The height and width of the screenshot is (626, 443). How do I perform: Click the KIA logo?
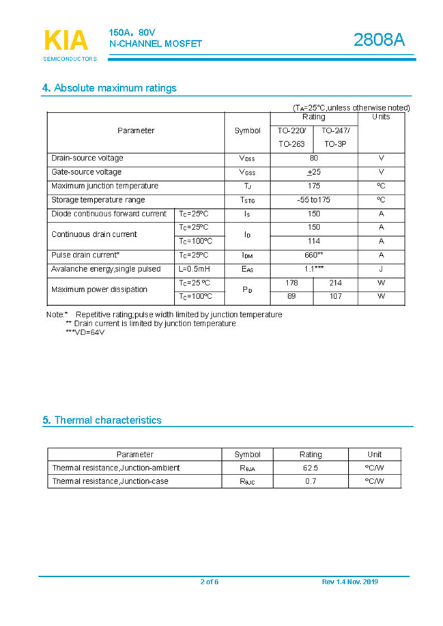point(66,41)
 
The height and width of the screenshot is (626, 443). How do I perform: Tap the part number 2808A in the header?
point(379,40)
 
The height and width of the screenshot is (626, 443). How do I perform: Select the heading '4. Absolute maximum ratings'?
point(109,88)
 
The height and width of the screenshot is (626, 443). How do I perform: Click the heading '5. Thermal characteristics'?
point(102,421)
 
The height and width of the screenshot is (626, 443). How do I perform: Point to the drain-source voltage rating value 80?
point(314,158)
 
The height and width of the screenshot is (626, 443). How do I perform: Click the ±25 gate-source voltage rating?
point(314,172)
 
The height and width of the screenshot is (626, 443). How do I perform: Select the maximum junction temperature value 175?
point(314,186)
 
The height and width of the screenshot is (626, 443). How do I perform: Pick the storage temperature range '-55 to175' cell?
point(314,200)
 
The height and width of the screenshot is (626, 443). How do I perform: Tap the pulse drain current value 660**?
point(314,255)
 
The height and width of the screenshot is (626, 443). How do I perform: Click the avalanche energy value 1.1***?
point(314,269)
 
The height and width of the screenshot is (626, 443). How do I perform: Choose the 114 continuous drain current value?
point(314,242)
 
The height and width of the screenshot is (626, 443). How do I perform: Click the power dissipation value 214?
point(335,283)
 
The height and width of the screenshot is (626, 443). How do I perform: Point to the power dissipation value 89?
point(291,297)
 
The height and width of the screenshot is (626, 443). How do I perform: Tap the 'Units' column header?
point(381,117)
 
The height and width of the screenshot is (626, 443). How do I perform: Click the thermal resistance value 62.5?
point(310,468)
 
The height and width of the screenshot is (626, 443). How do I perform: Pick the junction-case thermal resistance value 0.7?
point(311,481)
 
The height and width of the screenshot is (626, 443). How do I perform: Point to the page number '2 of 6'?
point(210,582)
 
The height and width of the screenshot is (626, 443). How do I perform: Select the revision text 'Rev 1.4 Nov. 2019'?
point(349,582)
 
